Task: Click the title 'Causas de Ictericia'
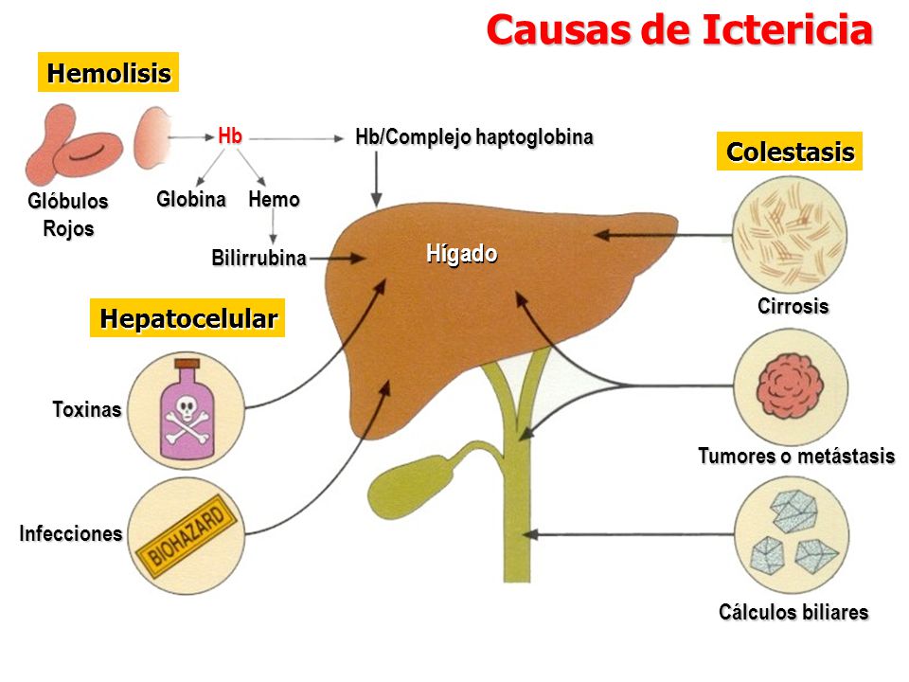(x=678, y=30)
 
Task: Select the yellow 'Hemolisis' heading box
(x=108, y=73)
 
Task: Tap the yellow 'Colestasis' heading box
(x=790, y=152)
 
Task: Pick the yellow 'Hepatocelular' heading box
(x=187, y=318)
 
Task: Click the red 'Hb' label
(x=229, y=136)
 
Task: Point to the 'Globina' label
(x=191, y=200)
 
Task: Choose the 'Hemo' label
(x=274, y=200)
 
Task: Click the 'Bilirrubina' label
(x=258, y=258)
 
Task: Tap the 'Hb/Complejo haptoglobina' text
(x=473, y=137)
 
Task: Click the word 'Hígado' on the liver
(x=461, y=254)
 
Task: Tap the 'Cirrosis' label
(x=793, y=307)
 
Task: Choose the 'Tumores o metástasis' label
(x=795, y=457)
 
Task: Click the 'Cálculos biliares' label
(x=793, y=612)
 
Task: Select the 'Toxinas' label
(x=87, y=410)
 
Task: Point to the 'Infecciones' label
(x=71, y=533)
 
